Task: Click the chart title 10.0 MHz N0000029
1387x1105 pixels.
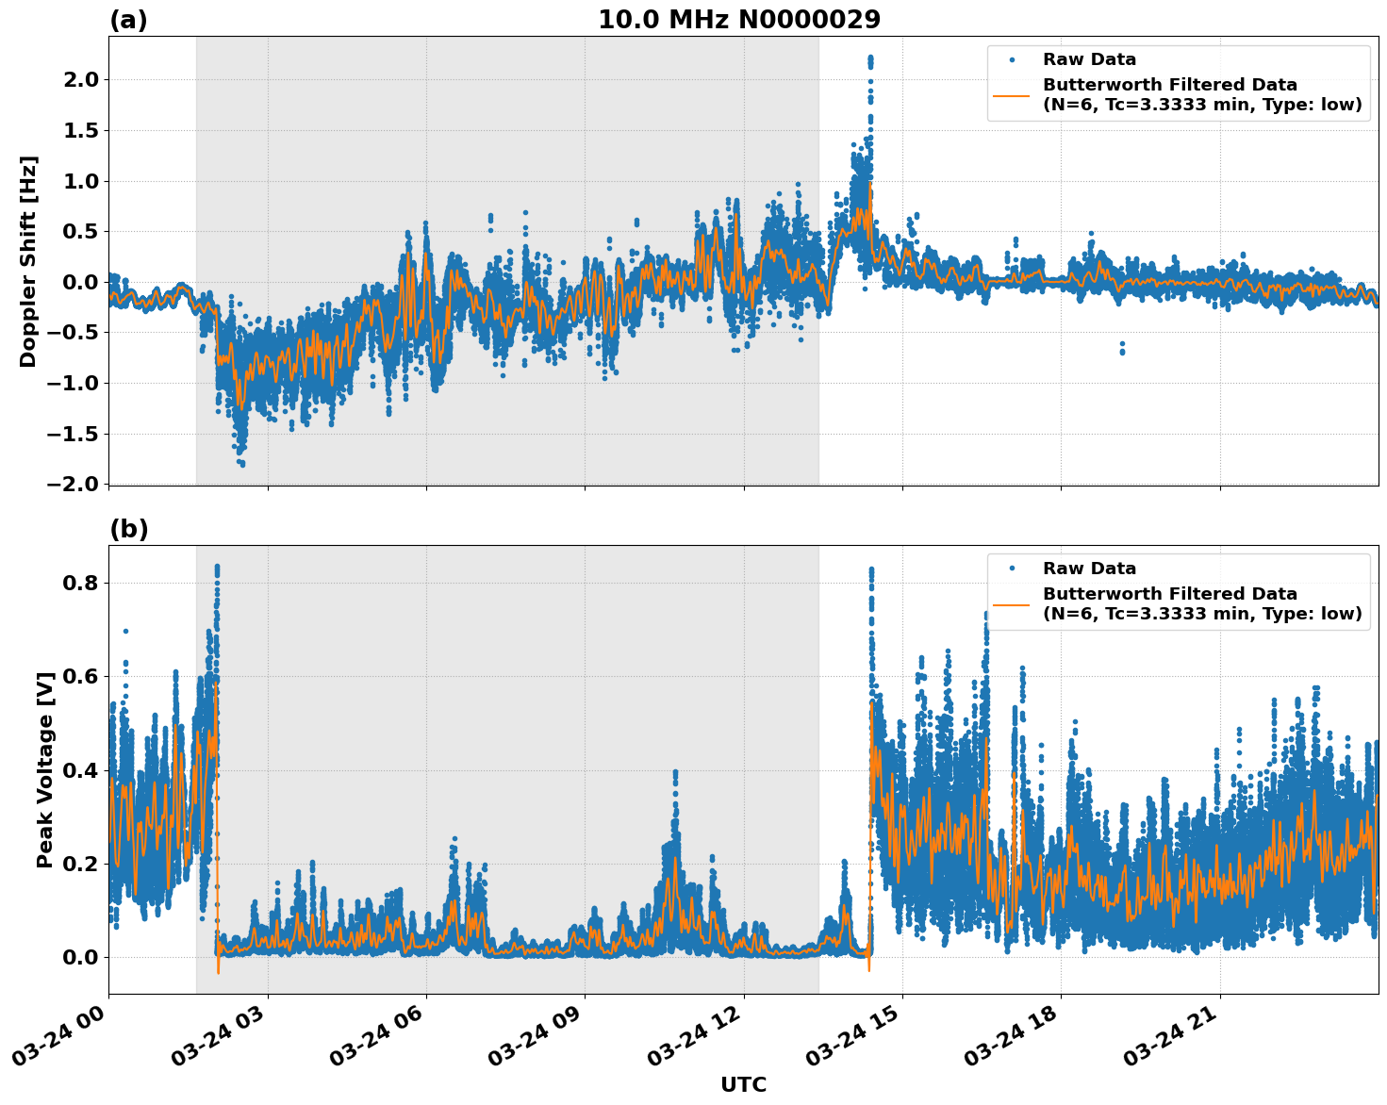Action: coord(739,20)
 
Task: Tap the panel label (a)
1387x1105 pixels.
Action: coord(128,20)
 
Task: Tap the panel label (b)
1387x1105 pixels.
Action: coord(128,529)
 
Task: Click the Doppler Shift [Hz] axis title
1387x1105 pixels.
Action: coord(28,261)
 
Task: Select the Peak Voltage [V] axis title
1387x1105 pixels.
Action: coord(44,769)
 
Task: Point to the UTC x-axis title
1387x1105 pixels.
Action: coord(743,1084)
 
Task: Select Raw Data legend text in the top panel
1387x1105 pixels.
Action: coord(1089,59)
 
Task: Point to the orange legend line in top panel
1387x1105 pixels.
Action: coord(1012,94)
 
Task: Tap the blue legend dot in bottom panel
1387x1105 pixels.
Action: coord(1012,569)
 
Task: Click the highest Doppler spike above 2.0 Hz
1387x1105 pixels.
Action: coord(869,59)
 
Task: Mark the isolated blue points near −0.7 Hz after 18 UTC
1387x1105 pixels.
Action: coord(1122,348)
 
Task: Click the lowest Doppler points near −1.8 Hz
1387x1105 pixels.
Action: coord(241,462)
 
